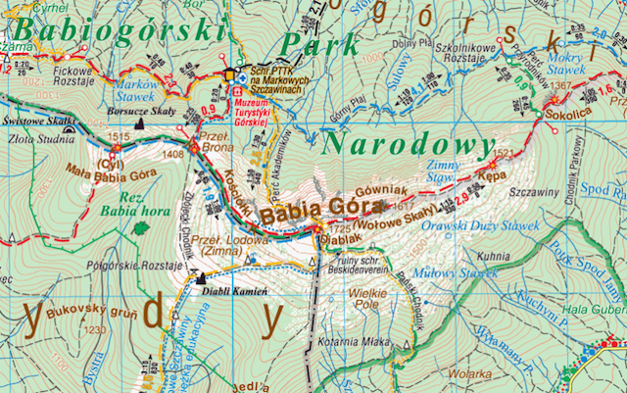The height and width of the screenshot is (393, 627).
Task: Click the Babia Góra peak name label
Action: point(302,209)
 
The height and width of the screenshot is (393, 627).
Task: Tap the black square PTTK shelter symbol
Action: point(231,74)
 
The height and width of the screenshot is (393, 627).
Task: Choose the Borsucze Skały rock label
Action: point(136,113)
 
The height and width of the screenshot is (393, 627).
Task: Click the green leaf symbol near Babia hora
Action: point(142,227)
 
